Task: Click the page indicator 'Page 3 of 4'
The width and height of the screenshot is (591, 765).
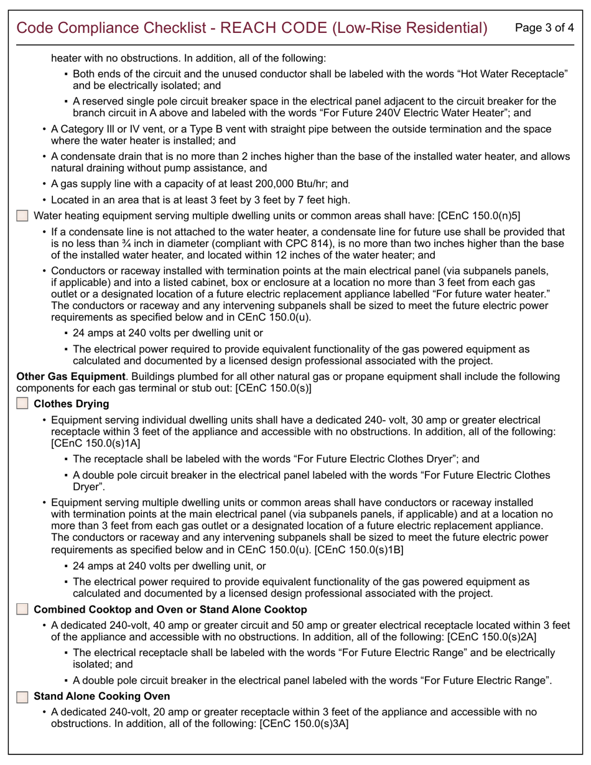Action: pyautogui.click(x=545, y=27)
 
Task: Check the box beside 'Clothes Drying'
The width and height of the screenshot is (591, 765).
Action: pyautogui.click(x=22, y=404)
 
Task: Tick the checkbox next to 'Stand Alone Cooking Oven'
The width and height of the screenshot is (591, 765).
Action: pyautogui.click(x=22, y=696)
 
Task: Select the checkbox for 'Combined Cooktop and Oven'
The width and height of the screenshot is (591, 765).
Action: pyautogui.click(x=22, y=610)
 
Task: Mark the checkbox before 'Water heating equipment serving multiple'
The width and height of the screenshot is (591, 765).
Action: pyautogui.click(x=22, y=216)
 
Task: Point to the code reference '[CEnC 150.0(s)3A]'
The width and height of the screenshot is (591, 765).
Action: pyautogui.click(x=303, y=723)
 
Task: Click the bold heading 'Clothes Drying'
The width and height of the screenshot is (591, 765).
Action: pyautogui.click(x=71, y=404)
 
